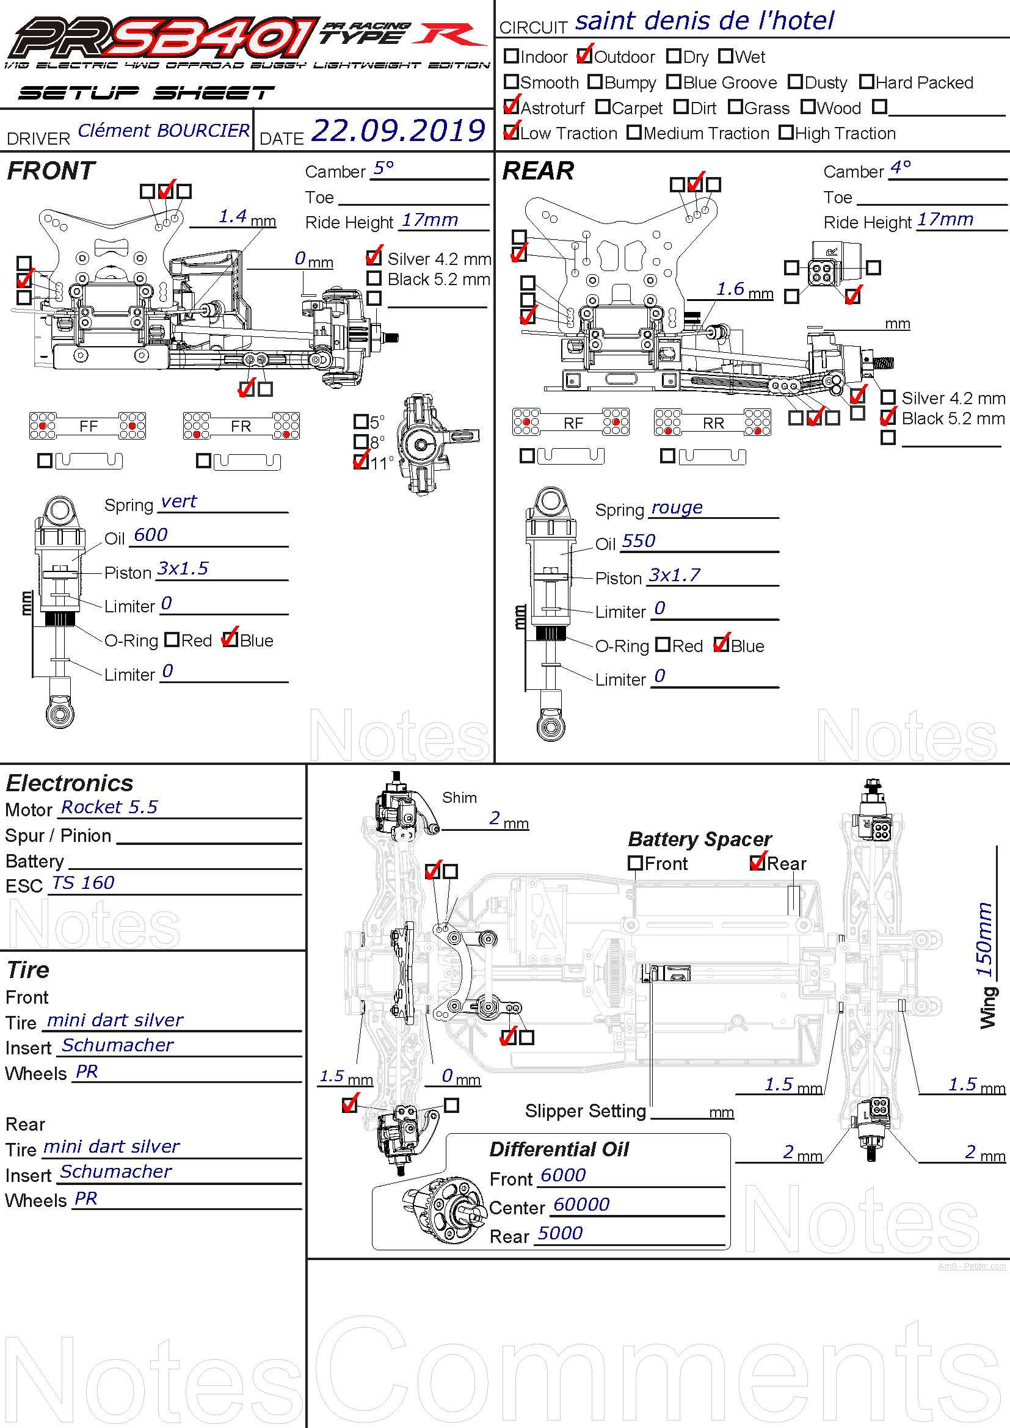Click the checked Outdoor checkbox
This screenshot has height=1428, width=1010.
[584, 56]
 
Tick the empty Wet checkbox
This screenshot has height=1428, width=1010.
[725, 56]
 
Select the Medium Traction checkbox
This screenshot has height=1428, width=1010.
[634, 132]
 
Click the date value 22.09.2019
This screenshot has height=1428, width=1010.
[398, 131]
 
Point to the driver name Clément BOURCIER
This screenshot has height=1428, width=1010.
[164, 131]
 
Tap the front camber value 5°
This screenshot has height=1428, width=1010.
[383, 168]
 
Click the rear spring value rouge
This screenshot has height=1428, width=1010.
[677, 507]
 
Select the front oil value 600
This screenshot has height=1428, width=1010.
[150, 535]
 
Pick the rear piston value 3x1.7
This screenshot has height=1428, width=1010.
[674, 575]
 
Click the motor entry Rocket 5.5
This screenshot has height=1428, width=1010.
[109, 806]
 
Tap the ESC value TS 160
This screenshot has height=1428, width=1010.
[83, 883]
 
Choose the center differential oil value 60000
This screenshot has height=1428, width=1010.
[581, 1204]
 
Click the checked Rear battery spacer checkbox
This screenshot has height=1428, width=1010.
[757, 863]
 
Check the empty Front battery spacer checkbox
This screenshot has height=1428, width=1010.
[635, 863]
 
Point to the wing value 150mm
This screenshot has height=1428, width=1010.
[983, 939]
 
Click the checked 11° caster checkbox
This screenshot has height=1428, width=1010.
[361, 462]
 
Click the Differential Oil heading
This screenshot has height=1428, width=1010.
[559, 1149]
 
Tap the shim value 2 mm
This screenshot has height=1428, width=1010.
[495, 818]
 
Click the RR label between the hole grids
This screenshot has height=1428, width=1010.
[713, 423]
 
